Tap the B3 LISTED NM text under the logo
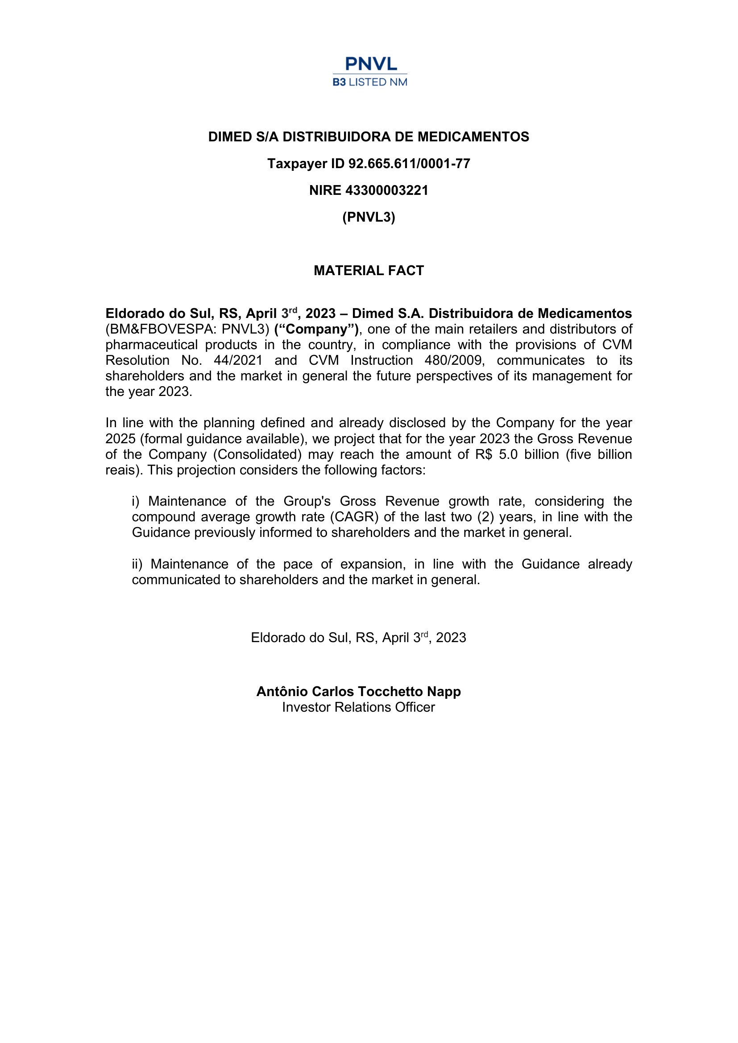[370, 82]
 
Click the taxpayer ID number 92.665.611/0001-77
[409, 164]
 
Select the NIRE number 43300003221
[387, 190]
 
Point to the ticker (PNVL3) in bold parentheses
[369, 217]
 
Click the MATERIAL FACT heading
[369, 271]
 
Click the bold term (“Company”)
[316, 330]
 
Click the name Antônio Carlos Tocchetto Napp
[359, 692]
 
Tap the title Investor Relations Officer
[359, 707]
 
